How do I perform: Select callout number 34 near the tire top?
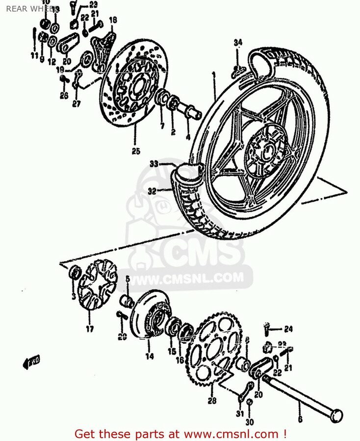point(237,43)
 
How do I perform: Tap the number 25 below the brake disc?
point(136,151)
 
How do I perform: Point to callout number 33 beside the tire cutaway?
point(154,164)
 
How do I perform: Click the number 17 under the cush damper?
point(90,329)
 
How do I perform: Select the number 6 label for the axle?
point(300,419)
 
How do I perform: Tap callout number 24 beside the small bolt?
point(288,328)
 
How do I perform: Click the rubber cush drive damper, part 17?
point(98,287)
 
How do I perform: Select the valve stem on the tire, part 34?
point(237,71)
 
